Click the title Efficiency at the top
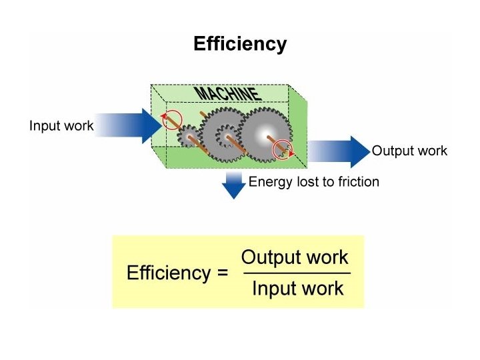coord(240,44)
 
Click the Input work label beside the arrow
coord(61,125)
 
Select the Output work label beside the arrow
coord(409,151)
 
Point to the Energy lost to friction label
coord(313,181)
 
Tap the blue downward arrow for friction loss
coord(233,185)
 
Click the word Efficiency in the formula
coord(168,273)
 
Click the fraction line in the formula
coord(296,273)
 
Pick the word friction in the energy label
coord(357,181)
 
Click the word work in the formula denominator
coord(321,289)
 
